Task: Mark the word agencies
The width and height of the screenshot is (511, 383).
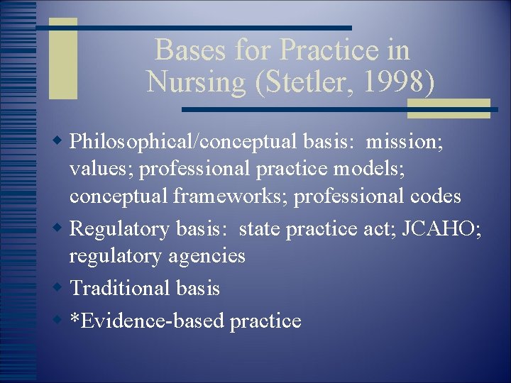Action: click(206, 255)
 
